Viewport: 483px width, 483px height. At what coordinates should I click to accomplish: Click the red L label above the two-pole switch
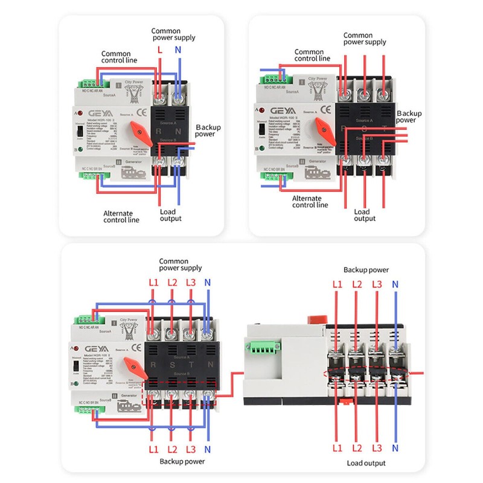[159, 51]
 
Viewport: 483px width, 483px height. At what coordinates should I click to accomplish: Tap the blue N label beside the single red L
[178, 51]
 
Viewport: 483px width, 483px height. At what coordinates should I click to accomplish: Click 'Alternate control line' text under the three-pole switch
[310, 201]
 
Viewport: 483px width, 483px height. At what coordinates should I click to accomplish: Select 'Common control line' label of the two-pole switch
[119, 57]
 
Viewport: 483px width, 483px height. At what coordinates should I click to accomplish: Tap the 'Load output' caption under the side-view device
[366, 463]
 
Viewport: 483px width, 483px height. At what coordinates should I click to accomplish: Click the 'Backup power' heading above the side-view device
[366, 270]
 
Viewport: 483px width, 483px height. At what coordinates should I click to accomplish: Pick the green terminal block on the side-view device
[255, 351]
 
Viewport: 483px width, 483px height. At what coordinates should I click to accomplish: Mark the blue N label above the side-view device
[395, 284]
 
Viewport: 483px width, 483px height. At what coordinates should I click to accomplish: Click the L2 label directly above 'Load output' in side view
[357, 448]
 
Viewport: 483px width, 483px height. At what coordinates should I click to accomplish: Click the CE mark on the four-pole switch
[135, 347]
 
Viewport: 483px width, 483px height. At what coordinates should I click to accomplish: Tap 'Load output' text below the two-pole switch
[171, 216]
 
